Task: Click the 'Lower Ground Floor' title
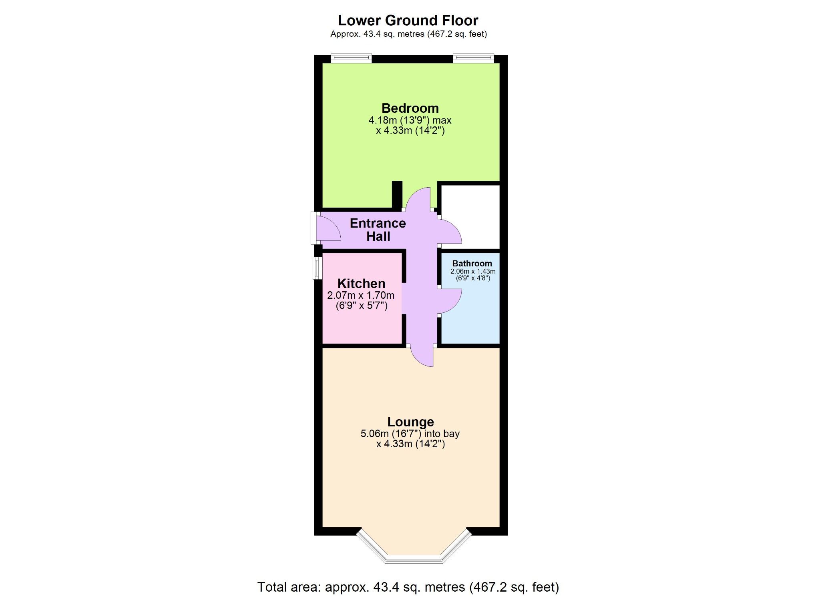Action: point(408,20)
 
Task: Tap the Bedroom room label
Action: point(410,108)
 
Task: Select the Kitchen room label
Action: point(361,284)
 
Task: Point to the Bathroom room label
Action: point(472,263)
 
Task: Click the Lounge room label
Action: point(410,422)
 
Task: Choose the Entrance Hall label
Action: point(378,230)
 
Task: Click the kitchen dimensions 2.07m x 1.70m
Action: point(361,296)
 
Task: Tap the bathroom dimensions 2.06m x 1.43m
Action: point(473,271)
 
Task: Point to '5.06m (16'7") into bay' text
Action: point(410,434)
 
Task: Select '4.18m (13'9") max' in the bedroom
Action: point(410,120)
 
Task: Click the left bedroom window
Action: point(351,59)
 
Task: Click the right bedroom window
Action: point(473,59)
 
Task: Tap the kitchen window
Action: point(317,268)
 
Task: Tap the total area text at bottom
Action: point(408,587)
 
